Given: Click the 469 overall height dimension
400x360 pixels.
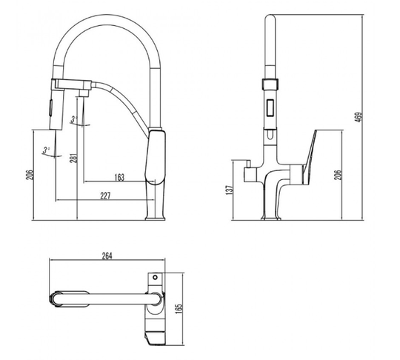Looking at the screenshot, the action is click(359, 117).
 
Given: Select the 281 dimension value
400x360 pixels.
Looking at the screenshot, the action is click(74, 159).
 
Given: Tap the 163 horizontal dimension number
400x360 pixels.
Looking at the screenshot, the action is click(119, 177).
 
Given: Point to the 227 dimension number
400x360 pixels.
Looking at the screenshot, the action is click(105, 196).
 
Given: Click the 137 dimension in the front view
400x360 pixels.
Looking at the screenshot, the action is click(230, 190).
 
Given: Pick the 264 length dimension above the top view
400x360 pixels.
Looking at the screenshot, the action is click(107, 256).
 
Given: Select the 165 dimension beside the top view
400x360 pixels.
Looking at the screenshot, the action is click(179, 309).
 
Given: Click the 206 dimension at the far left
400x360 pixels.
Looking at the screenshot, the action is click(30, 175).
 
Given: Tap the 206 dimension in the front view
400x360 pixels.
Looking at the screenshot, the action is click(338, 175).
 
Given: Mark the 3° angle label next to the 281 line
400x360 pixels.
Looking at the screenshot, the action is click(74, 119).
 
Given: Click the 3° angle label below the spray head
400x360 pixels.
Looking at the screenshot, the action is click(46, 150).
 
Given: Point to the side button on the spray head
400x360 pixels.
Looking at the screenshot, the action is click(50, 108).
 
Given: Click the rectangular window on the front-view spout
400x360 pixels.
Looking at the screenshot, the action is click(270, 107).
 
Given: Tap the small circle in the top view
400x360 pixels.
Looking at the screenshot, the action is click(155, 277).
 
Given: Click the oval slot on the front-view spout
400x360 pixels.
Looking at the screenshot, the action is click(270, 135).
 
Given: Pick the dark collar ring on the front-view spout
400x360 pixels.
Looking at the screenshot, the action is click(270, 84).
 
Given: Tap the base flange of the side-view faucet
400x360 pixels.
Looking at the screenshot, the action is click(155, 219).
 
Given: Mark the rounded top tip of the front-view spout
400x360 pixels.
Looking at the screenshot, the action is click(270, 17).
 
